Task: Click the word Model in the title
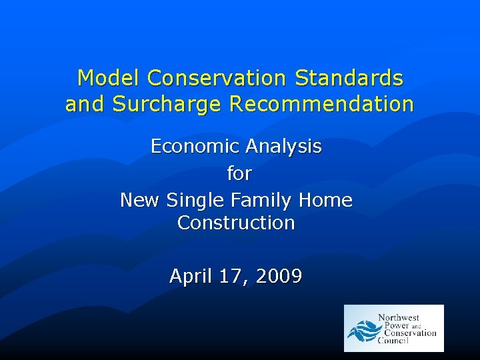coord(109,79)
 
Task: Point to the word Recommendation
coord(321,105)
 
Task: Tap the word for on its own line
coord(239,173)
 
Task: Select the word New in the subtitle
coord(140,200)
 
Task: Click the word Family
coord(257,201)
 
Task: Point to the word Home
coord(325,200)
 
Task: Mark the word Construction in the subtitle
coord(236,223)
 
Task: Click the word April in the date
coord(191,276)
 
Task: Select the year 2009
coord(279,275)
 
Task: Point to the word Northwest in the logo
coord(399,317)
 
